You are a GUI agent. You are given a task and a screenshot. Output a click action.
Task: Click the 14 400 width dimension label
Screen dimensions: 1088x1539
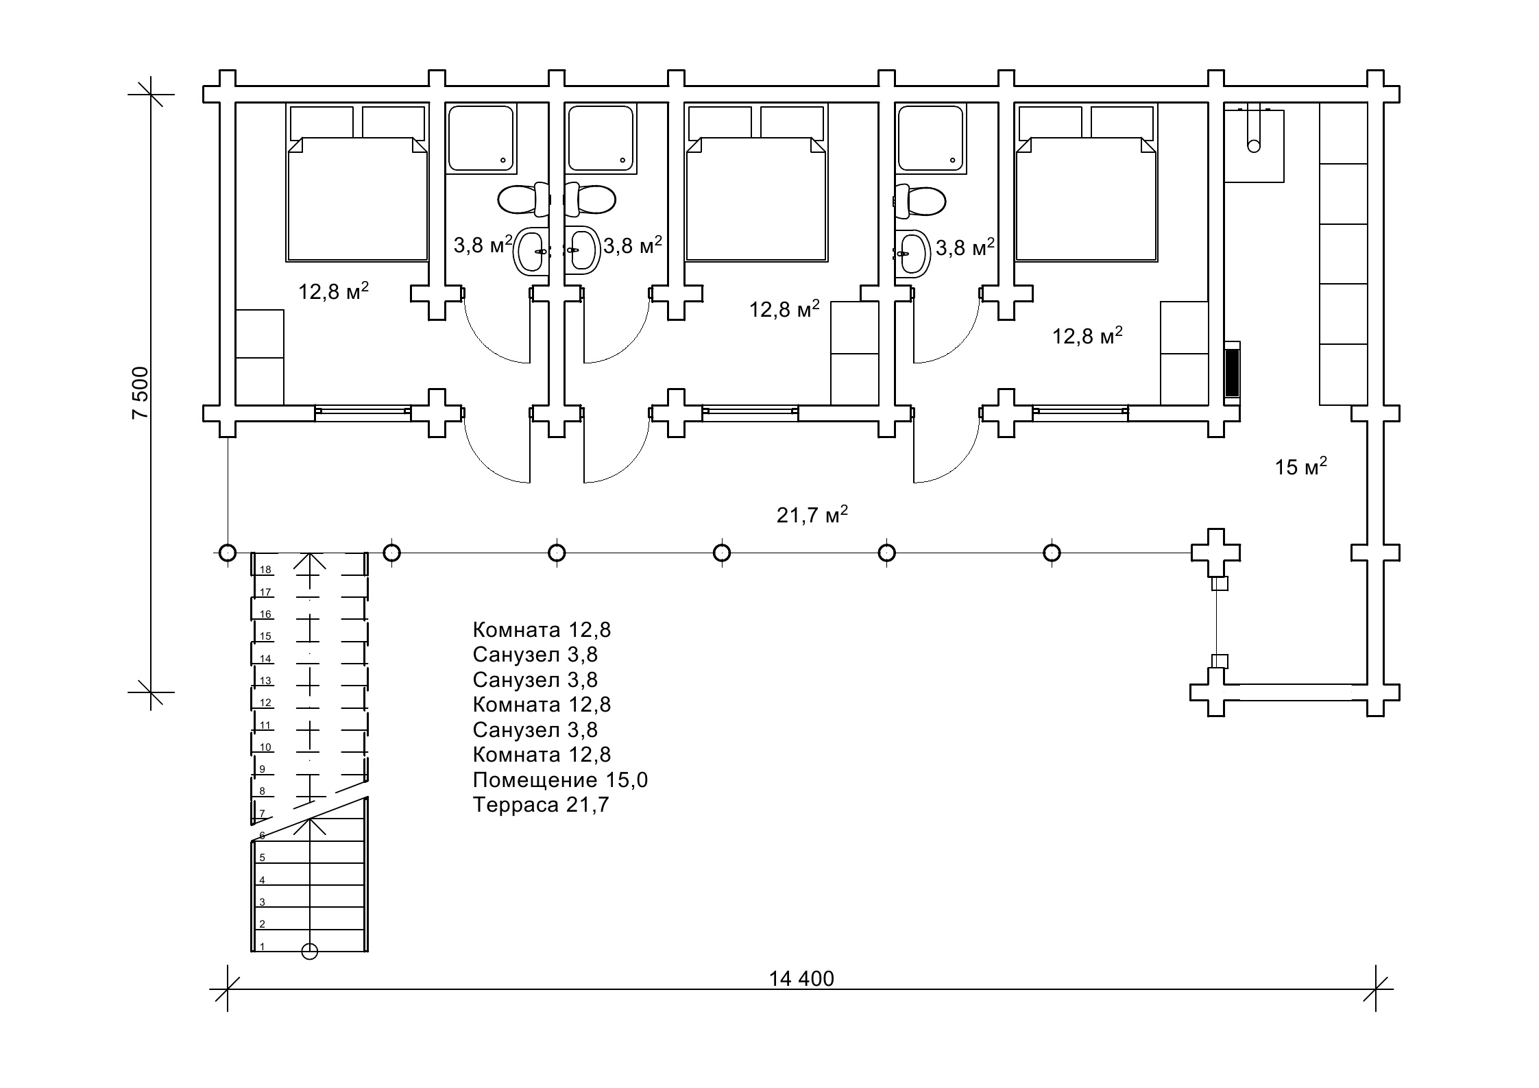click(801, 978)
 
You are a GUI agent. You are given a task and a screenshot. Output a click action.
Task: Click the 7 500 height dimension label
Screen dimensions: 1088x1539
click(141, 392)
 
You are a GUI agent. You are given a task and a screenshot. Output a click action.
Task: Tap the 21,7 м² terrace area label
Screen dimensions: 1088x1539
click(812, 514)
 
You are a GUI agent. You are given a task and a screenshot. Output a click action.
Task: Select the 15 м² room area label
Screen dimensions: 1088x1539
click(1300, 467)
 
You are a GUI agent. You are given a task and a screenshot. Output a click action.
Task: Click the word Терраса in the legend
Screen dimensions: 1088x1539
click(516, 804)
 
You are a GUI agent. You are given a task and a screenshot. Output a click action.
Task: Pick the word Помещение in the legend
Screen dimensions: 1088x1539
click(535, 779)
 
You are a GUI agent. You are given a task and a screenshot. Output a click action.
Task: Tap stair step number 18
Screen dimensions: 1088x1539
click(265, 570)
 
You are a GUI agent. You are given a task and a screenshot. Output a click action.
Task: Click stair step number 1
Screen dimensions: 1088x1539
click(262, 947)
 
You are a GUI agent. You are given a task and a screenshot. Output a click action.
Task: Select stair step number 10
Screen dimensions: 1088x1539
click(265, 747)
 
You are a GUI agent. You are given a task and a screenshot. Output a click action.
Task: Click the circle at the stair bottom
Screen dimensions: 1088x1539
click(310, 952)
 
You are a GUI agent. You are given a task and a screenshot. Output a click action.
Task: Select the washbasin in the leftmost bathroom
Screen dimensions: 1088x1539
click(530, 252)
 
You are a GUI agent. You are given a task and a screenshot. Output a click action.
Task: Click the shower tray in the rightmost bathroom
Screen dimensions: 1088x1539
click(930, 137)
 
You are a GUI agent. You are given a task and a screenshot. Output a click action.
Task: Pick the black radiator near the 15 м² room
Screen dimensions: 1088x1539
click(1232, 373)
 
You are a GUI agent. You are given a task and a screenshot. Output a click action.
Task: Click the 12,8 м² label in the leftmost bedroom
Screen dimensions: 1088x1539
click(333, 291)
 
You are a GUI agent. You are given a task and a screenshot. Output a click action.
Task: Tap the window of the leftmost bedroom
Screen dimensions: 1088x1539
click(363, 411)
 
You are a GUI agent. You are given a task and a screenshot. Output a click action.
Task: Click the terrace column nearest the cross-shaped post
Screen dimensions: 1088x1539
click(1052, 553)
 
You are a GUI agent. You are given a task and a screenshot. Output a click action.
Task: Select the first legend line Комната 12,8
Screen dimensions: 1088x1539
click(542, 629)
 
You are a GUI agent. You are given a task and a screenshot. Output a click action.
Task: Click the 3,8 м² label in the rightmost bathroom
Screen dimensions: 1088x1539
click(965, 247)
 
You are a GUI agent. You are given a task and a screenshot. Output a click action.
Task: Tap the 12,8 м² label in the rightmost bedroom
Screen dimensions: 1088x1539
click(1087, 336)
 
